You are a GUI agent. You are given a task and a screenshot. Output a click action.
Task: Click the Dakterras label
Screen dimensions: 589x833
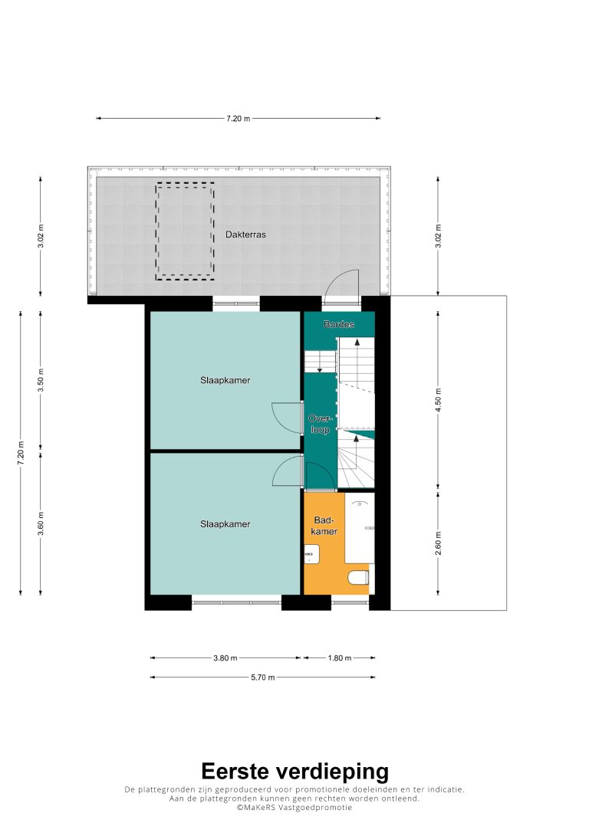point(245,234)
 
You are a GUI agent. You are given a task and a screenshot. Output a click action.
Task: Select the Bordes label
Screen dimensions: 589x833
point(339,324)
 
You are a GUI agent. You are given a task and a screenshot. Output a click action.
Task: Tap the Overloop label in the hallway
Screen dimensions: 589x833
point(320,425)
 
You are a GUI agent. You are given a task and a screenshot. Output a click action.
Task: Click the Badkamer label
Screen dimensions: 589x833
point(324,526)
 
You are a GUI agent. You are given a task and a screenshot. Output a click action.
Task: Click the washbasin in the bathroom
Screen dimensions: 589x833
point(311,554)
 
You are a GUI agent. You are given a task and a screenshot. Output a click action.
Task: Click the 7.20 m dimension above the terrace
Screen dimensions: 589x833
point(239,119)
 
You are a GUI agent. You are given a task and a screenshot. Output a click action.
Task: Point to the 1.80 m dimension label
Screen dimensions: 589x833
point(339,658)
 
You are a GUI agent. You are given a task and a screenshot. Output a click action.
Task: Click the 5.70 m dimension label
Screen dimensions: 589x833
point(262,677)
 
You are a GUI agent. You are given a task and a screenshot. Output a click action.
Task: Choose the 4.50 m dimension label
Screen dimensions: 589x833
point(438,400)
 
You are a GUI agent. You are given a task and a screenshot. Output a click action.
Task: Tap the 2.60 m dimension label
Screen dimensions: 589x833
point(438,543)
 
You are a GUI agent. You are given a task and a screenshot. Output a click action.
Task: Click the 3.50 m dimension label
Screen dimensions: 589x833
point(41,380)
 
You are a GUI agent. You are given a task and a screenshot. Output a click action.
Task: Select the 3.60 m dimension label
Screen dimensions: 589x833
point(41,523)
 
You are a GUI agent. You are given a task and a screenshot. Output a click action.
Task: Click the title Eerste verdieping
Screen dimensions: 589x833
point(295,771)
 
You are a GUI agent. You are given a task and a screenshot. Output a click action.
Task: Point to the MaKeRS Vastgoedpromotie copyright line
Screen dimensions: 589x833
point(294,807)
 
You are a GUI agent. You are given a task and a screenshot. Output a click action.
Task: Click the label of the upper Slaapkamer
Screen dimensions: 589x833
point(225,380)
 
